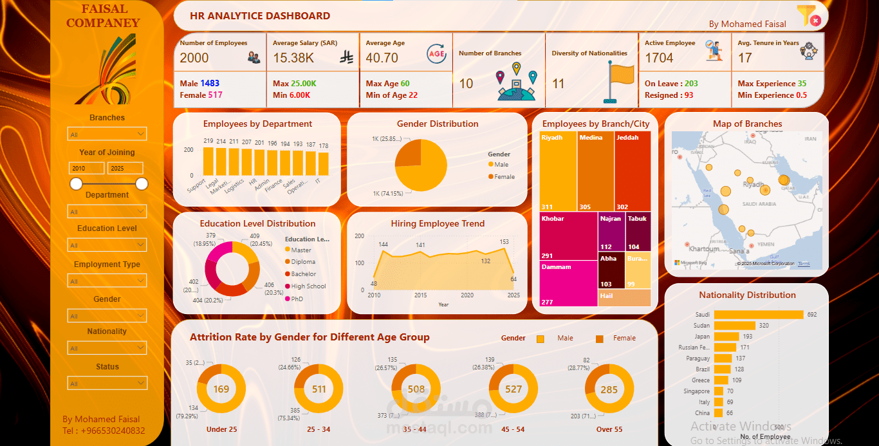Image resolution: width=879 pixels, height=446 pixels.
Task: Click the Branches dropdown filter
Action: [x=107, y=134]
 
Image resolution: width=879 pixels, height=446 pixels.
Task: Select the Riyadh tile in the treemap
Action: [x=558, y=171]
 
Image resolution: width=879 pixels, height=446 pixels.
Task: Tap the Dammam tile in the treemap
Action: [x=569, y=283]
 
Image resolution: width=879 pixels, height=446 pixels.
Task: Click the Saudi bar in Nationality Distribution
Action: [x=759, y=315]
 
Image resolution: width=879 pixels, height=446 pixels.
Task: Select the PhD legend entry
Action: [x=297, y=299]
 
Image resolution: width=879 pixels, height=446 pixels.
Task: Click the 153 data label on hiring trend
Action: [x=504, y=242]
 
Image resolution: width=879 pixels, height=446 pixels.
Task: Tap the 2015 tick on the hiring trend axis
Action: [x=420, y=295]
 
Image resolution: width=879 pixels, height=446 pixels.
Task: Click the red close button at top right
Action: [x=816, y=21]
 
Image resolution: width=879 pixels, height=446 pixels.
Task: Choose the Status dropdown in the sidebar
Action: [x=107, y=384]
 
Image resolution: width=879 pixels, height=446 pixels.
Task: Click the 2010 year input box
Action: [x=86, y=168]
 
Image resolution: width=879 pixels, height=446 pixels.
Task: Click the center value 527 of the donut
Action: [x=514, y=389]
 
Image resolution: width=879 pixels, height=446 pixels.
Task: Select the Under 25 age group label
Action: [x=221, y=429]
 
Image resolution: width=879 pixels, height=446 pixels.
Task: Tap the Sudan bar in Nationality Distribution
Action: [x=734, y=326]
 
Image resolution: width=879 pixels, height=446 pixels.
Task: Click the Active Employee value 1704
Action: [x=659, y=58]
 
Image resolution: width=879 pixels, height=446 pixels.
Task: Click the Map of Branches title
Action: [x=747, y=124]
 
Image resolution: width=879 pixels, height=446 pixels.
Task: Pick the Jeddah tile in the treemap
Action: [x=633, y=171]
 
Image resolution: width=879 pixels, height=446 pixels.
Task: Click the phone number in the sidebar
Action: [x=104, y=431]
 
